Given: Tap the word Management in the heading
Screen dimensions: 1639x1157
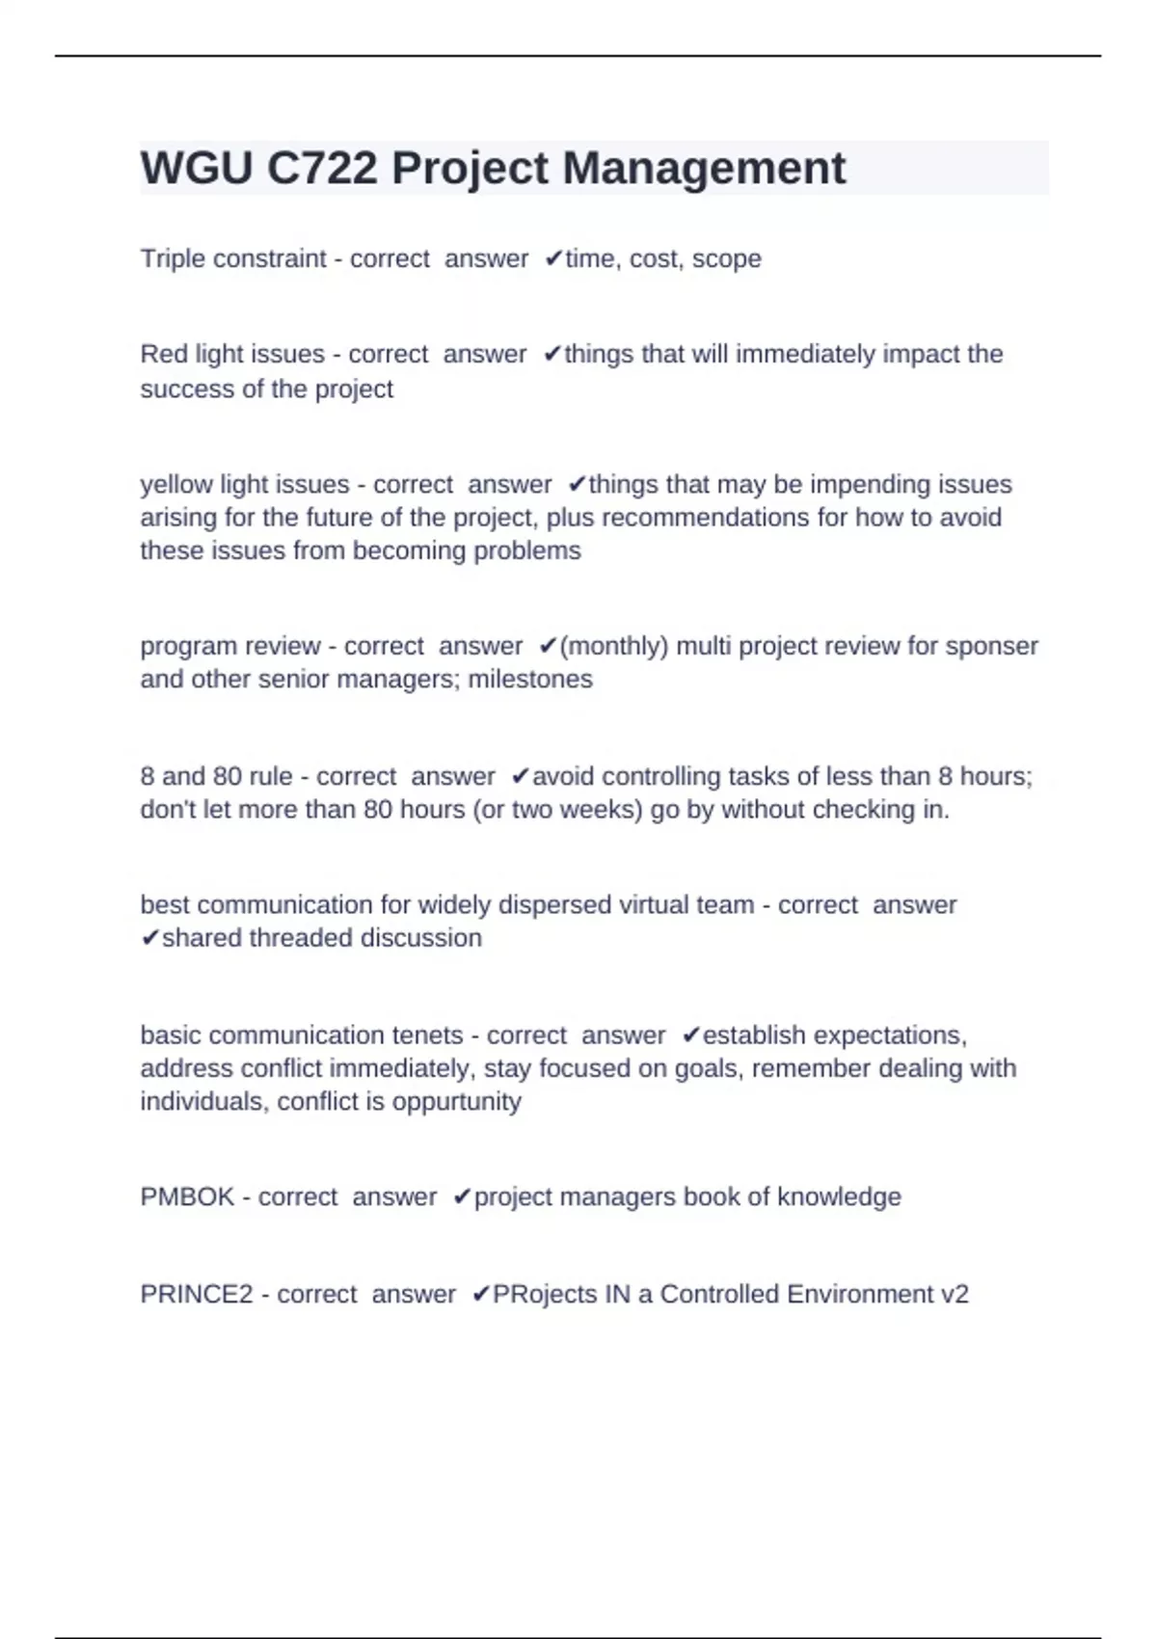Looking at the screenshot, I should pos(704,169).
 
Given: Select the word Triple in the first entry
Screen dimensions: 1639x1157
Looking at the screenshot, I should pos(169,258).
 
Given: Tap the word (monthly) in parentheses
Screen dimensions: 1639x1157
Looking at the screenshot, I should pos(613,646).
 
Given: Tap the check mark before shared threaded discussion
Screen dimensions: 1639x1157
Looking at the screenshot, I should pos(149,938).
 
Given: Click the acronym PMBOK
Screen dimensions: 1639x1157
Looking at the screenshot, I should pos(187,1196).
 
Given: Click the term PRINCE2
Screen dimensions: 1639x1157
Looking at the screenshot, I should pos(197,1294).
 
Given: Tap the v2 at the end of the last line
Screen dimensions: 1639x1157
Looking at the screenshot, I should pos(954,1294).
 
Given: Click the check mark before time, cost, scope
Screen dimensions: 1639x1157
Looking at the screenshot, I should pos(553,258).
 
